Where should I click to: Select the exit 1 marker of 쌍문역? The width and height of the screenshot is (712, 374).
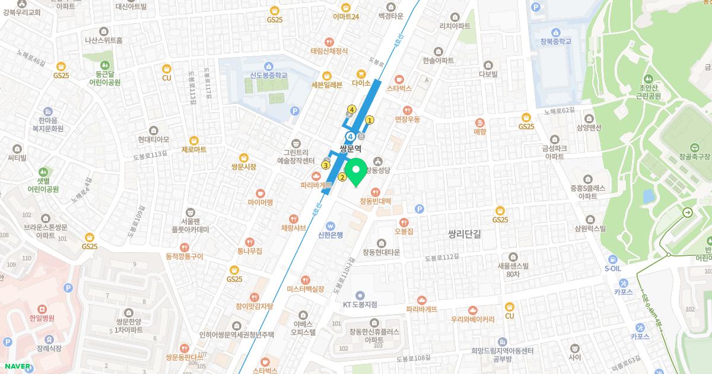click(x=370, y=120)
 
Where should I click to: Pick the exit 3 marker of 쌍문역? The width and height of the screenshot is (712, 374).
click(x=326, y=164)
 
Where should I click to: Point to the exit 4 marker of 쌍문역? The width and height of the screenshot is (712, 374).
click(x=352, y=109)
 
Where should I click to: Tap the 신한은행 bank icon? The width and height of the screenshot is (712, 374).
click(x=330, y=225)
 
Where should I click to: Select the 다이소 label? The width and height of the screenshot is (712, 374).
click(x=361, y=83)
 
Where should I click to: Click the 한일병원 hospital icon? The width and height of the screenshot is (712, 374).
click(x=42, y=309)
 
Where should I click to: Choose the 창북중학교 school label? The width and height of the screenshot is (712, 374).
click(x=556, y=42)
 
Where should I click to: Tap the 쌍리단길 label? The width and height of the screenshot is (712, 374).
click(x=464, y=234)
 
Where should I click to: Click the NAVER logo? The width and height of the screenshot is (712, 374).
click(x=17, y=366)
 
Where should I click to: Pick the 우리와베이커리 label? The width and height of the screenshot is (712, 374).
click(x=472, y=319)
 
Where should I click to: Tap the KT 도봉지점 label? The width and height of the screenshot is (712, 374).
click(x=360, y=305)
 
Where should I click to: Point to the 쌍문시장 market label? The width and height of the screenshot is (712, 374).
click(x=243, y=167)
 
